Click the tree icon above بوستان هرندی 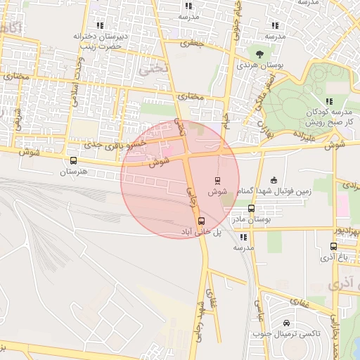point(260,53)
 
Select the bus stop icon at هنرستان point(73,160)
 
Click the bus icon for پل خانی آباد point(202,221)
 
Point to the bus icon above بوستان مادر point(251,208)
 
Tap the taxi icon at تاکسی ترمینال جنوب point(286,323)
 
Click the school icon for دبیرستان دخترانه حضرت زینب point(98,25)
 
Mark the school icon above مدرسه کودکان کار point(328,101)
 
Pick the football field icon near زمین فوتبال point(274,179)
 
